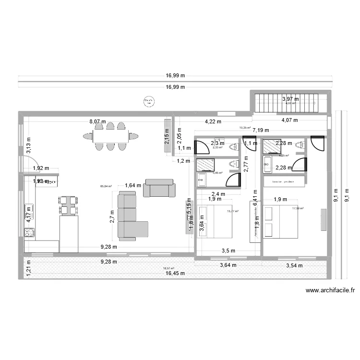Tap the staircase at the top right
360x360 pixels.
tap(291, 102)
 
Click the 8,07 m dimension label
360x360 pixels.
tap(97, 122)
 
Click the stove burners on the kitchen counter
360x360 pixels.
tap(29, 233)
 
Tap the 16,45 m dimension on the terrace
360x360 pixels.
tap(176, 274)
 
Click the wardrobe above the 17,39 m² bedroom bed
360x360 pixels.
tap(284, 182)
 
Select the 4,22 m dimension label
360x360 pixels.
tap(213, 122)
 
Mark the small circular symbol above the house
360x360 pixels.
tap(147, 101)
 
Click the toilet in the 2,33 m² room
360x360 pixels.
tap(234, 146)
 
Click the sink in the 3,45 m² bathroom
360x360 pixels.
tap(200, 180)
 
